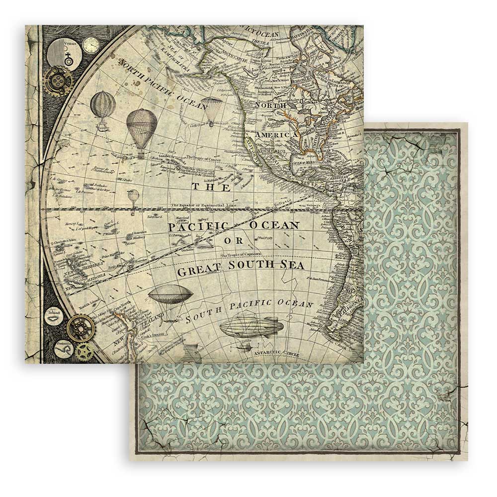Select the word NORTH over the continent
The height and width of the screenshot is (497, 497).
click(270, 105)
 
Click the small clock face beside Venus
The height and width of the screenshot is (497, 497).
click(91, 45)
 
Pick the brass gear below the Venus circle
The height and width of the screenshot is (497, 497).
click(58, 81)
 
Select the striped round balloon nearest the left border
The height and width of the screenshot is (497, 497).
click(103, 105)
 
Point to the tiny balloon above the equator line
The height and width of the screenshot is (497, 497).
click(133, 196)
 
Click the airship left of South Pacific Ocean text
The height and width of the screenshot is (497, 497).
click(170, 294)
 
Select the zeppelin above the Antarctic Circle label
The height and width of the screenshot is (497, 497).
click(251, 328)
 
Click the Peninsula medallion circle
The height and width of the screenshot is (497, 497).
click(64, 349)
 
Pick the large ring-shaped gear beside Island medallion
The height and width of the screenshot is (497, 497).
click(80, 328)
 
